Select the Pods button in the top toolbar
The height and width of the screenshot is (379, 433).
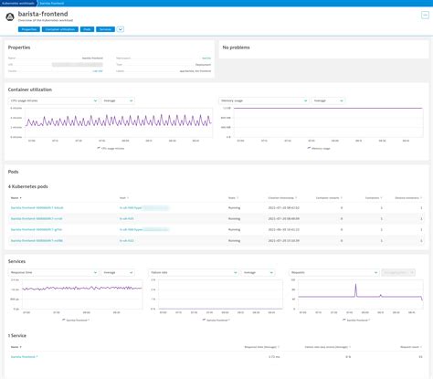coord(87,29)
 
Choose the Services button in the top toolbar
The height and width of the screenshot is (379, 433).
coord(105,29)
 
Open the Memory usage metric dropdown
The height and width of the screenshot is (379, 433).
coord(246,100)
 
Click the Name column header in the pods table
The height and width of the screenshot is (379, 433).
coord(15,196)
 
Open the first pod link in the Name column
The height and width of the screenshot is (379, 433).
coord(37,208)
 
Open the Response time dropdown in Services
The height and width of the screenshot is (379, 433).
coord(36,271)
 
